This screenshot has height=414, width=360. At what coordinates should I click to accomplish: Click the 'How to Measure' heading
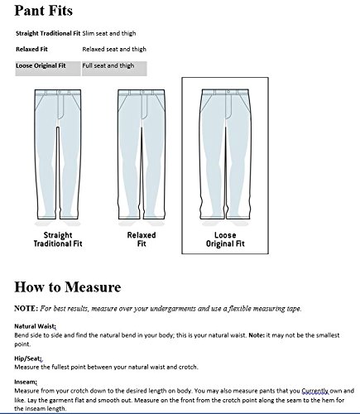point(69,287)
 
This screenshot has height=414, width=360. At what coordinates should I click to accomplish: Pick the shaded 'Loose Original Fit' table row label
point(39,65)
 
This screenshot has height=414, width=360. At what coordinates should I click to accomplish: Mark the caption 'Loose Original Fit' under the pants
point(227,240)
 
